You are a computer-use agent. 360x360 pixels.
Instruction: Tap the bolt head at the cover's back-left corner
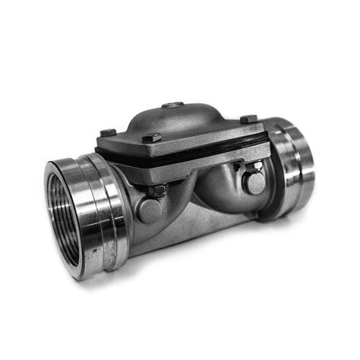[108, 133]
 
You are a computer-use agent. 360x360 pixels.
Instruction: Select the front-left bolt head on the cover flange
[153, 138]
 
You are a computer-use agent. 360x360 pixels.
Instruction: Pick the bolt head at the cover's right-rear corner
[248, 119]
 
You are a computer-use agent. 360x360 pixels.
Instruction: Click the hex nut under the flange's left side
[156, 191]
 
